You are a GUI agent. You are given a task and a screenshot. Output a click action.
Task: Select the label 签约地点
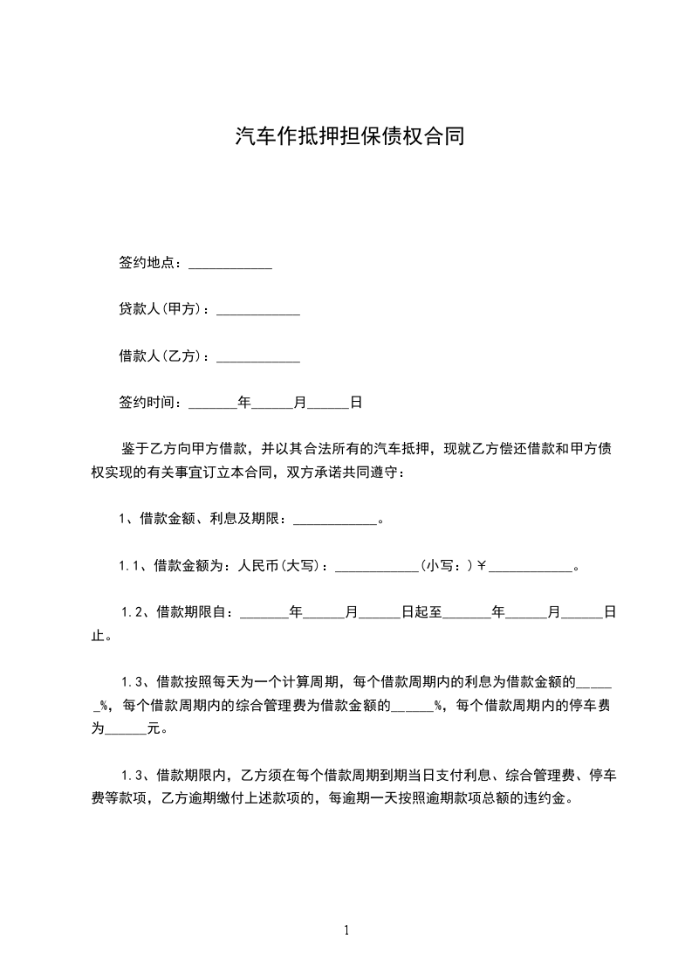pyautogui.click(x=149, y=263)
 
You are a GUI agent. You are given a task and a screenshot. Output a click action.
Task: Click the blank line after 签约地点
pyautogui.click(x=230, y=265)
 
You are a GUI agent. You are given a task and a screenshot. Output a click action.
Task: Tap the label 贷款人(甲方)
pyautogui.click(x=163, y=309)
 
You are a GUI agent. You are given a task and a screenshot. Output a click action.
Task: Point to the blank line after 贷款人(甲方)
pyautogui.click(x=258, y=311)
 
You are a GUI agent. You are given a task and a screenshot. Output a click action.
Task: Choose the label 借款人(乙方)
pyautogui.click(x=163, y=356)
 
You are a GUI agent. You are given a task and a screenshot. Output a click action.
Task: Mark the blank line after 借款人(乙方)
pyautogui.click(x=258, y=358)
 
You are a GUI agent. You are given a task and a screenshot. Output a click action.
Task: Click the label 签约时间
pyautogui.click(x=149, y=403)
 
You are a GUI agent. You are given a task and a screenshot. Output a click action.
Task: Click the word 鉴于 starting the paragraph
pyautogui.click(x=134, y=449)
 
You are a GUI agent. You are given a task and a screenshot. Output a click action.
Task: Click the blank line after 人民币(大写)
pyautogui.click(x=377, y=568)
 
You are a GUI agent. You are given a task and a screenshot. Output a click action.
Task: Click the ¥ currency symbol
pyautogui.click(x=481, y=566)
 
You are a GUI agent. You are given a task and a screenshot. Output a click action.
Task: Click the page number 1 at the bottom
pyautogui.click(x=346, y=930)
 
